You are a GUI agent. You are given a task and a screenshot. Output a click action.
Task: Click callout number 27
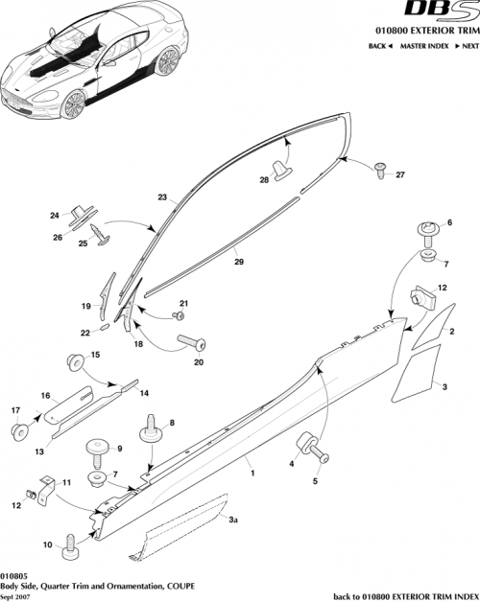coord(400,174)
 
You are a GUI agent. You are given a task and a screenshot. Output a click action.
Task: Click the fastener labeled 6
coord(426,231)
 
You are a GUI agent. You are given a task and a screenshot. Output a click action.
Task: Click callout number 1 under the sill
coord(252,473)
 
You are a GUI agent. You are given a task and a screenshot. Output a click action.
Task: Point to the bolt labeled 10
coord(72,552)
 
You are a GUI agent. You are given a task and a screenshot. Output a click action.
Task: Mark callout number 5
coord(317,482)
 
